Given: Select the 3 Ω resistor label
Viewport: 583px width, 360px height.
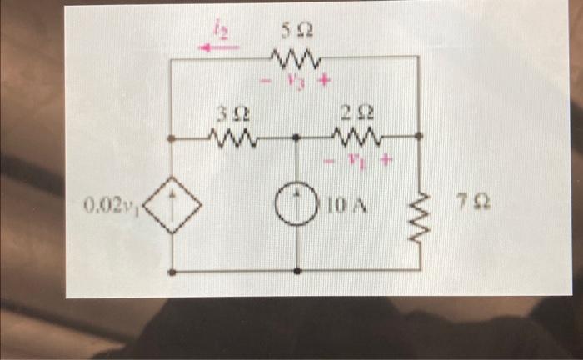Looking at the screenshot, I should tap(230, 112).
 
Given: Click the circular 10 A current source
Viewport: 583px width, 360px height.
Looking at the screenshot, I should tap(297, 202).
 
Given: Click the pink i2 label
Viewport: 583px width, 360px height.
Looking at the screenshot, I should tap(221, 32).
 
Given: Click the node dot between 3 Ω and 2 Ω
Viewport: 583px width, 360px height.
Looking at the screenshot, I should tap(297, 136).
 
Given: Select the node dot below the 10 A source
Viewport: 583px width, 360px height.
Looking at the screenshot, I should tap(297, 271).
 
